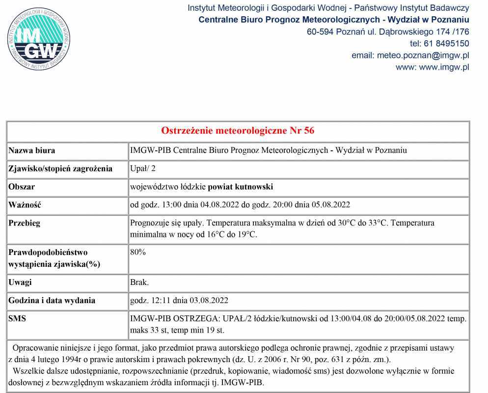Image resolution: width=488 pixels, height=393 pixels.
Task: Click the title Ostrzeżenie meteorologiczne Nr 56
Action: [x=238, y=131]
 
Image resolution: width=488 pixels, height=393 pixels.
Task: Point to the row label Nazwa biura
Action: [x=32, y=150]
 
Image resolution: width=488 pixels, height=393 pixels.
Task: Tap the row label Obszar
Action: [x=22, y=187]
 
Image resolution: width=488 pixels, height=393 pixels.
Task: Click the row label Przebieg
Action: [x=25, y=223]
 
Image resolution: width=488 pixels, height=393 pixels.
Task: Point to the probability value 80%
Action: [x=138, y=253]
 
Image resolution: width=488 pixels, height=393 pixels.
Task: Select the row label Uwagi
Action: [x=20, y=282]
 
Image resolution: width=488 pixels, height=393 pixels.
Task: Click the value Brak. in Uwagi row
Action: [x=139, y=282]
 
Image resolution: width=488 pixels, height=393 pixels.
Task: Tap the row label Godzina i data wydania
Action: [x=52, y=300]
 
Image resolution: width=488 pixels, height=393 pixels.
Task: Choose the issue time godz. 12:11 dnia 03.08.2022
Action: [x=179, y=300]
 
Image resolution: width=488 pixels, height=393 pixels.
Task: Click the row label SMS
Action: [x=18, y=318]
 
